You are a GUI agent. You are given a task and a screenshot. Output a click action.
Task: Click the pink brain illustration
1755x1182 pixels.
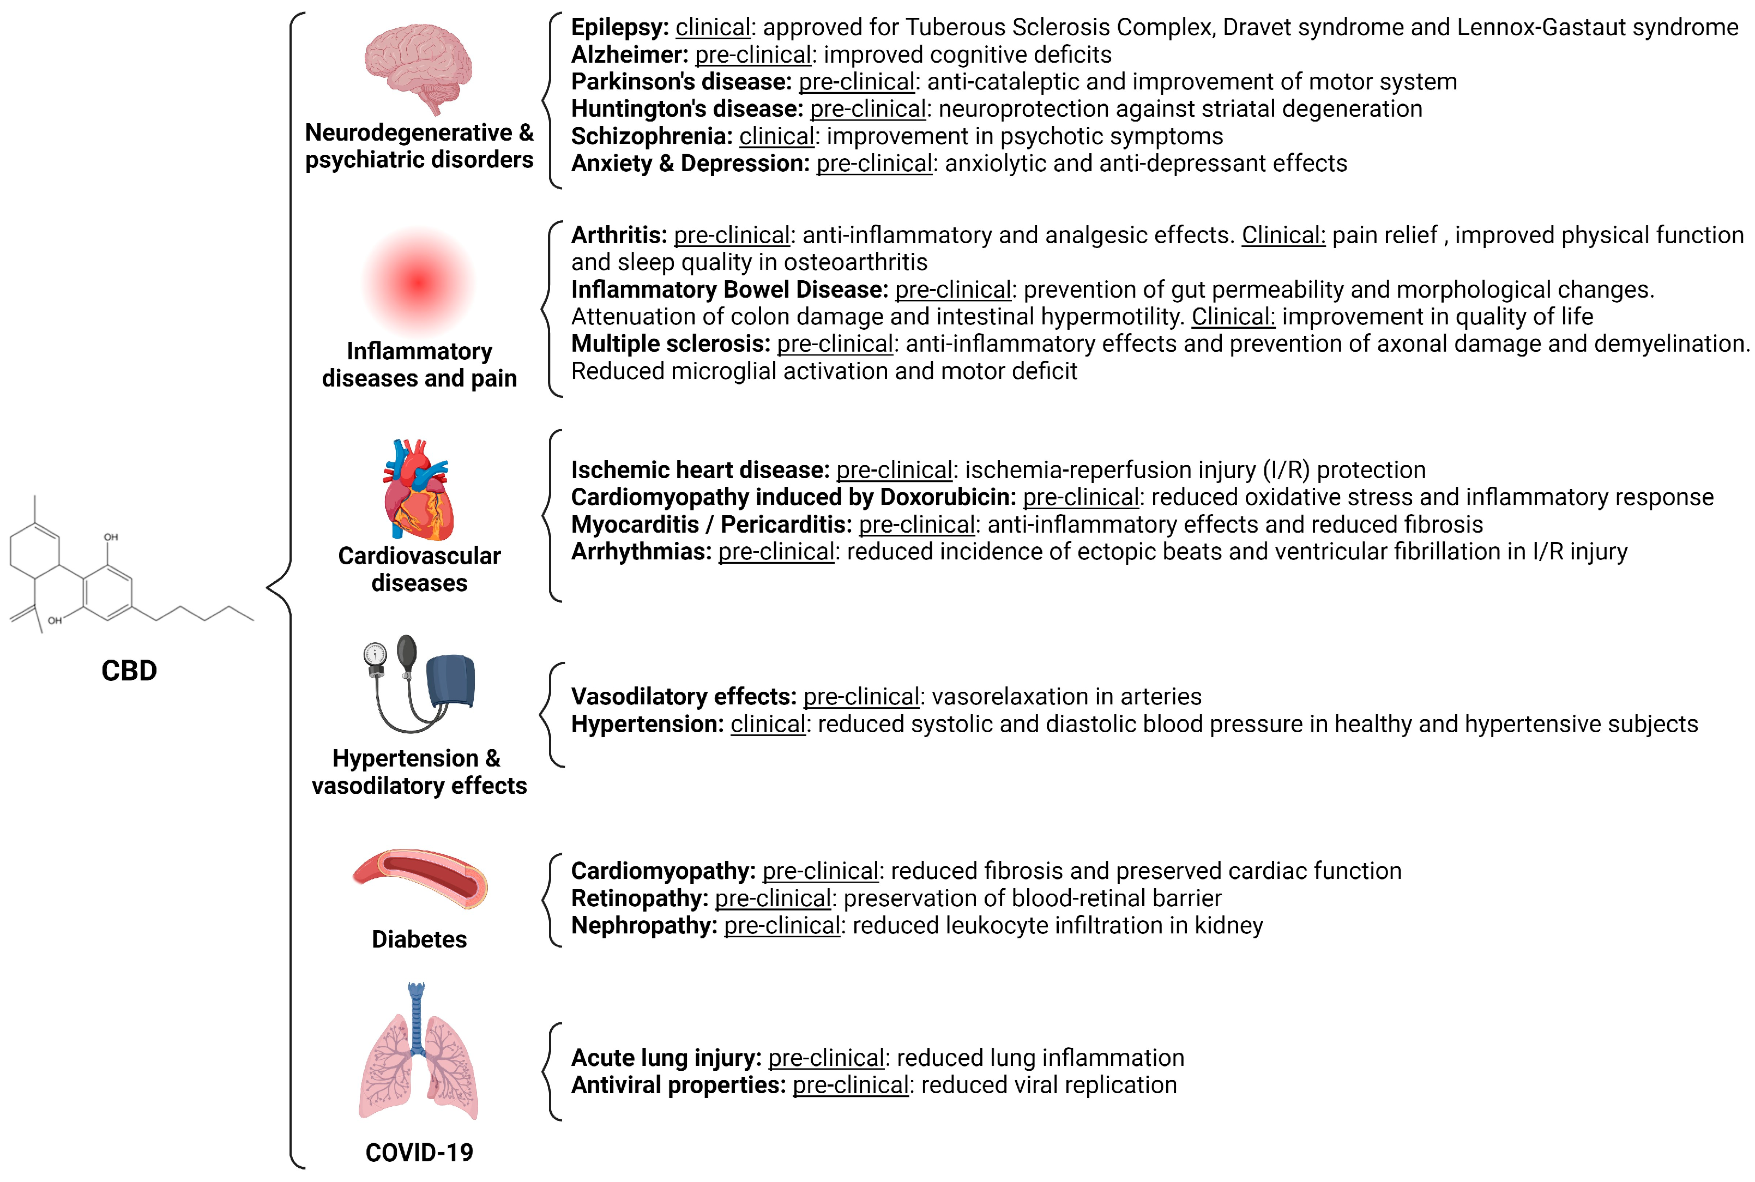[418, 67]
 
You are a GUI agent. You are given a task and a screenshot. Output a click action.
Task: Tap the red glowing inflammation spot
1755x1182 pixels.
[418, 282]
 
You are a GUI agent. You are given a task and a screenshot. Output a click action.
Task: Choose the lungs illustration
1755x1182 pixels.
[418, 1056]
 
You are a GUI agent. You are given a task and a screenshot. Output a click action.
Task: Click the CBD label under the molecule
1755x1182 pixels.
[129, 670]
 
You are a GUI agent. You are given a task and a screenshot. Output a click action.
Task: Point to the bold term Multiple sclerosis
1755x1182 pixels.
[670, 343]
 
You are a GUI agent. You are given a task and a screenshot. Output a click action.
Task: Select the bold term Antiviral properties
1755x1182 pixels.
[678, 1085]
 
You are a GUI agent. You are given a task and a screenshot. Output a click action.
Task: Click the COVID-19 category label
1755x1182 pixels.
[419, 1153]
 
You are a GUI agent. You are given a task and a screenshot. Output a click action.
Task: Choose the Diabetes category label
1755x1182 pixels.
[419, 939]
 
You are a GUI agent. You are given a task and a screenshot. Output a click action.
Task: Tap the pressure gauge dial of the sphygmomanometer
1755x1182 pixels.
[375, 654]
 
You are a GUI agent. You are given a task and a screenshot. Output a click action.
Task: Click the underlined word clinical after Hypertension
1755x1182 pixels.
[768, 725]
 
